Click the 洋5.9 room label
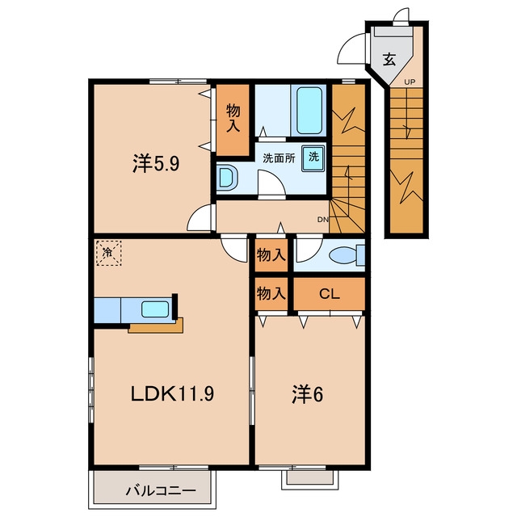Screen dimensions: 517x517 pyautogui.click(x=156, y=163)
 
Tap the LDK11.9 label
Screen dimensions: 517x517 pyautogui.click(x=172, y=393)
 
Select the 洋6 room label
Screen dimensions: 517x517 pyautogui.click(x=307, y=394)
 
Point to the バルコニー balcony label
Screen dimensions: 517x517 pyautogui.click(x=161, y=491)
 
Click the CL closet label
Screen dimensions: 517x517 pyautogui.click(x=330, y=294)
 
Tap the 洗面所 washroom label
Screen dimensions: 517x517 pyautogui.click(x=279, y=158)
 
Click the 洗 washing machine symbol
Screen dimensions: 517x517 pyautogui.click(x=313, y=158)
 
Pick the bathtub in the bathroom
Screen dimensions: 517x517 pyautogui.click(x=309, y=110)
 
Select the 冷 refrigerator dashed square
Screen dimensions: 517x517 pyautogui.click(x=108, y=253)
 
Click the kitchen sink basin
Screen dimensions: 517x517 pyautogui.click(x=155, y=309)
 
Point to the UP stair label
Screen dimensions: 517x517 pyautogui.click(x=410, y=82)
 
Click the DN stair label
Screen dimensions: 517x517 pyautogui.click(x=323, y=219)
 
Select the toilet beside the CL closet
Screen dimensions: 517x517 pyautogui.click(x=347, y=255)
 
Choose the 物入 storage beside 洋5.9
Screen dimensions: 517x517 pyautogui.click(x=233, y=119)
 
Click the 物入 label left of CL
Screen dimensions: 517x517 pyautogui.click(x=271, y=293)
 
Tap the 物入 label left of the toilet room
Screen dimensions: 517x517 pyautogui.click(x=271, y=254)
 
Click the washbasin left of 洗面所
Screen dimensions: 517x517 pyautogui.click(x=226, y=178)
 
